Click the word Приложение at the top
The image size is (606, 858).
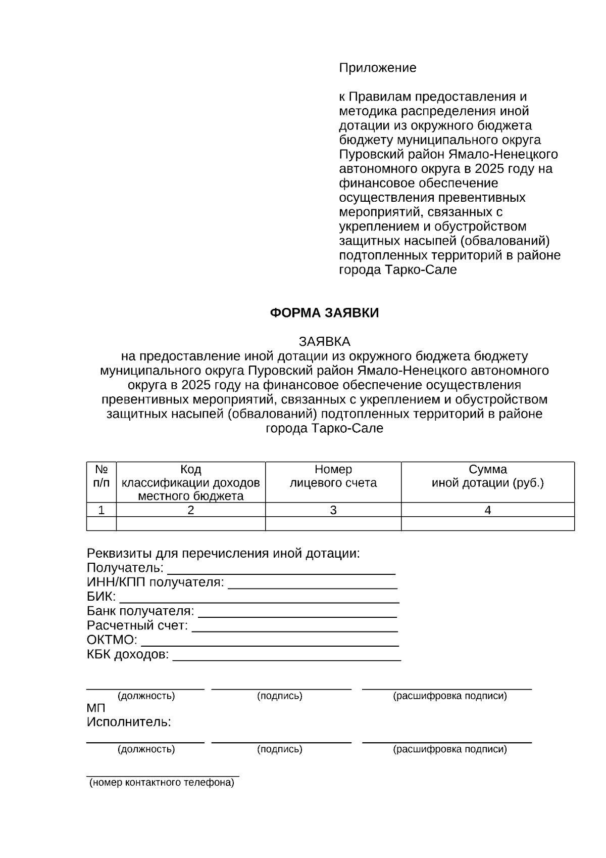[377, 68]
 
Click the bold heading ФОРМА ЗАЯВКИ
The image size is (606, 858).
[324, 313]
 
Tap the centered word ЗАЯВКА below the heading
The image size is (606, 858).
[324, 341]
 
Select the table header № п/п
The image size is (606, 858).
[102, 476]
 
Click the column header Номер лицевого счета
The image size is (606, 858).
[333, 476]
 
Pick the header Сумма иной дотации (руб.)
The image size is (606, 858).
[487, 476]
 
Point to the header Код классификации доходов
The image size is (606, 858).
[190, 482]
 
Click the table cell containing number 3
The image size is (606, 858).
[333, 510]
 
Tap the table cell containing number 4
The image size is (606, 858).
[487, 510]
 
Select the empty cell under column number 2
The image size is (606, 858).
[190, 524]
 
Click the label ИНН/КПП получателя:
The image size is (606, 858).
[155, 582]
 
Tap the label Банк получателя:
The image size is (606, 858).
[140, 611]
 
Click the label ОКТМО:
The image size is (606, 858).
[112, 640]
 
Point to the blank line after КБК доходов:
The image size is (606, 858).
[287, 657]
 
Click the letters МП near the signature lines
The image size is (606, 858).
[96, 708]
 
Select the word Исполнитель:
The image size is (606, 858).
[129, 722]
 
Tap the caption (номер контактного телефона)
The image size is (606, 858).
[162, 783]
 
